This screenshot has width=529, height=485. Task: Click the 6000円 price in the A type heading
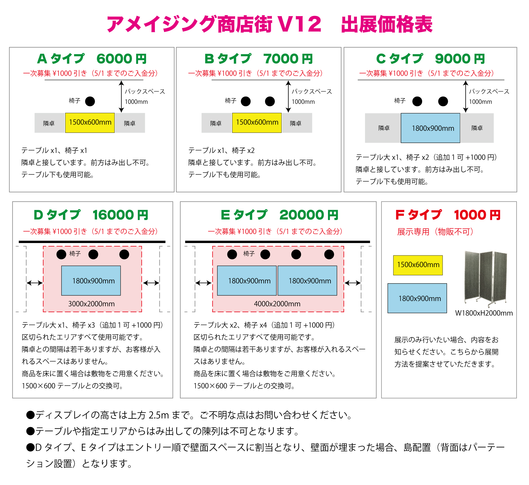[121, 59]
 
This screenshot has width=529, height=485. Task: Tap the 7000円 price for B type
[288, 59]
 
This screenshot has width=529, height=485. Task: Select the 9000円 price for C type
[460, 59]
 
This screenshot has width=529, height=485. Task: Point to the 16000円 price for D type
[120, 215]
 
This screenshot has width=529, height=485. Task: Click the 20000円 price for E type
[309, 215]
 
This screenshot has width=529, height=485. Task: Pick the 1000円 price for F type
[477, 215]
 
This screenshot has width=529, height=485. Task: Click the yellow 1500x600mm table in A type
[90, 123]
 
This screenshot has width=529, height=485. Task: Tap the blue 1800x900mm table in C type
[430, 128]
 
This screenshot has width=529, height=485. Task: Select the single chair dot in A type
[90, 101]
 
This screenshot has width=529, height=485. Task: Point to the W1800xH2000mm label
[484, 313]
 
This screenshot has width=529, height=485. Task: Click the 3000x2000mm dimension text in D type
[92, 304]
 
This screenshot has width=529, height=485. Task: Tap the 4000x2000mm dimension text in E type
[277, 304]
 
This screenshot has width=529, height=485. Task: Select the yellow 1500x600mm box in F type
[418, 265]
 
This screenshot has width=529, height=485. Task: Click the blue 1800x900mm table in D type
[91, 281]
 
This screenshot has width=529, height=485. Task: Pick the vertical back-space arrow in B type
[288, 97]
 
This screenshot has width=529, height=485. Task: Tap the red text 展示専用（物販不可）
[435, 232]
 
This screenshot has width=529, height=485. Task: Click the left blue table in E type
[247, 281]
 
